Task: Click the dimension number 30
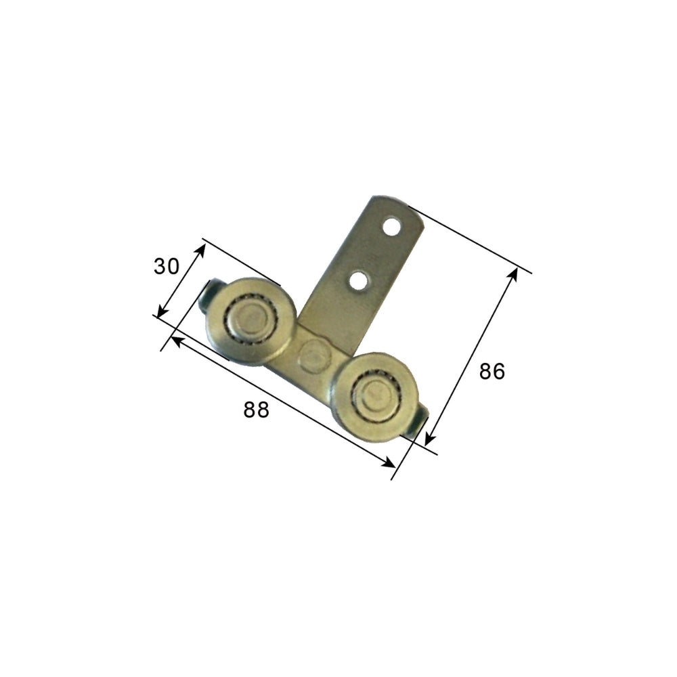167,266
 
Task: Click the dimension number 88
257,410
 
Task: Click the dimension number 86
492,371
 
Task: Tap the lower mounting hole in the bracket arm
359,280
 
